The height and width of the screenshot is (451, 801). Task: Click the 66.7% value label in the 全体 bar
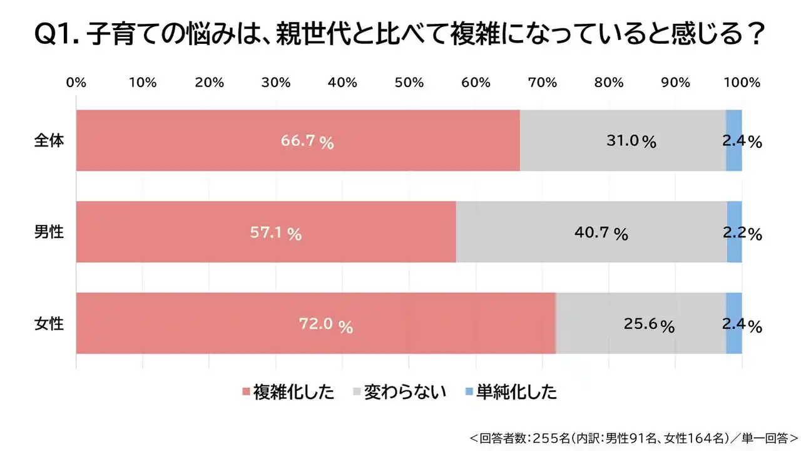tap(307, 141)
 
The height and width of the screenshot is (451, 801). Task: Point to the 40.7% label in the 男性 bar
tap(601, 234)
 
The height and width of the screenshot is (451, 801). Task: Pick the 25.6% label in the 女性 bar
tap(649, 325)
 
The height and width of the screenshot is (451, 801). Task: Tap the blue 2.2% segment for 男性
tap(735, 232)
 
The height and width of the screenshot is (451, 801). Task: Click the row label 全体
tap(49, 141)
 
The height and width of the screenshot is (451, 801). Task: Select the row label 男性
tap(49, 232)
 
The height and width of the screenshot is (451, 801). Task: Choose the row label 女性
tap(49, 324)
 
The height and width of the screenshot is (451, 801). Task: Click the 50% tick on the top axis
tap(409, 83)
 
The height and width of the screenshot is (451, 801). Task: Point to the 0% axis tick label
tap(76, 83)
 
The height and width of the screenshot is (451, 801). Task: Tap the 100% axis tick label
tap(742, 83)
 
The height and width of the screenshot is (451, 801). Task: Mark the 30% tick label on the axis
tap(276, 83)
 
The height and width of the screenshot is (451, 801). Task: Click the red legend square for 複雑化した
tap(246, 393)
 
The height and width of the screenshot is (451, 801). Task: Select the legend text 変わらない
tap(405, 393)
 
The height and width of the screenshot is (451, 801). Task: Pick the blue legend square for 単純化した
tap(469, 393)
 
